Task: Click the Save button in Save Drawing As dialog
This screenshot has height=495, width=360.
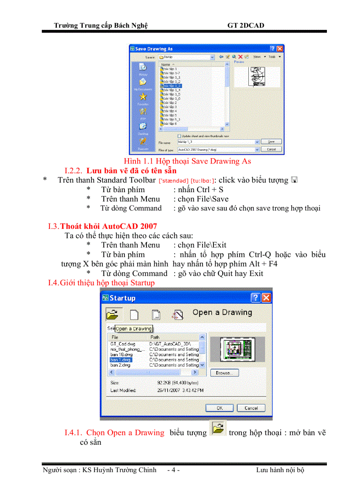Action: click(271, 141)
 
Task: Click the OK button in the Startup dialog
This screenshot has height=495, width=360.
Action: click(219, 408)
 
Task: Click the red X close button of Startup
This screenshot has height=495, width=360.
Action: click(266, 298)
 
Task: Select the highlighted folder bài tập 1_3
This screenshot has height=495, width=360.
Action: click(172, 86)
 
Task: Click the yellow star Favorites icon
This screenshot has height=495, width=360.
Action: click(143, 96)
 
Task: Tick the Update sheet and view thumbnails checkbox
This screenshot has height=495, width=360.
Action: click(179, 136)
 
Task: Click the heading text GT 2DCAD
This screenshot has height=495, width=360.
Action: click(246, 25)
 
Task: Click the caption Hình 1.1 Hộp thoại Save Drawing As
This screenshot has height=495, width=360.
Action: click(187, 161)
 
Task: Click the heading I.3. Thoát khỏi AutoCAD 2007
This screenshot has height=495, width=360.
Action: click(102, 227)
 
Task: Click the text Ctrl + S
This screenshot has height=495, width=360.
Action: click(210, 190)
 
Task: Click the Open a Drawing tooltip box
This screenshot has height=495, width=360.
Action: click(133, 328)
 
